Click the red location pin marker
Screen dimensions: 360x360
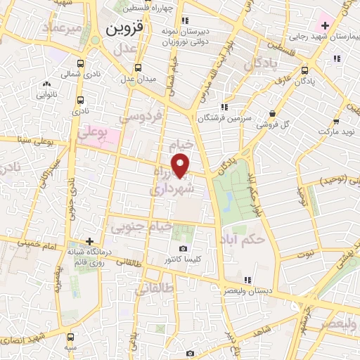tap(182, 166)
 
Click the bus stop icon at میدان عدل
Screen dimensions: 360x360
tap(138, 68)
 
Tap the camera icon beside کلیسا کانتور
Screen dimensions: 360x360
tap(184, 249)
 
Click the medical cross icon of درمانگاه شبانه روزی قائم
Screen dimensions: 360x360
tap(89, 241)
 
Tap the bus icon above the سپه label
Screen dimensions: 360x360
tap(70, 337)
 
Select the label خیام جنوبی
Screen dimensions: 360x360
tap(141, 226)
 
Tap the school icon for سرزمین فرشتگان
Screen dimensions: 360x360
tap(224, 107)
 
